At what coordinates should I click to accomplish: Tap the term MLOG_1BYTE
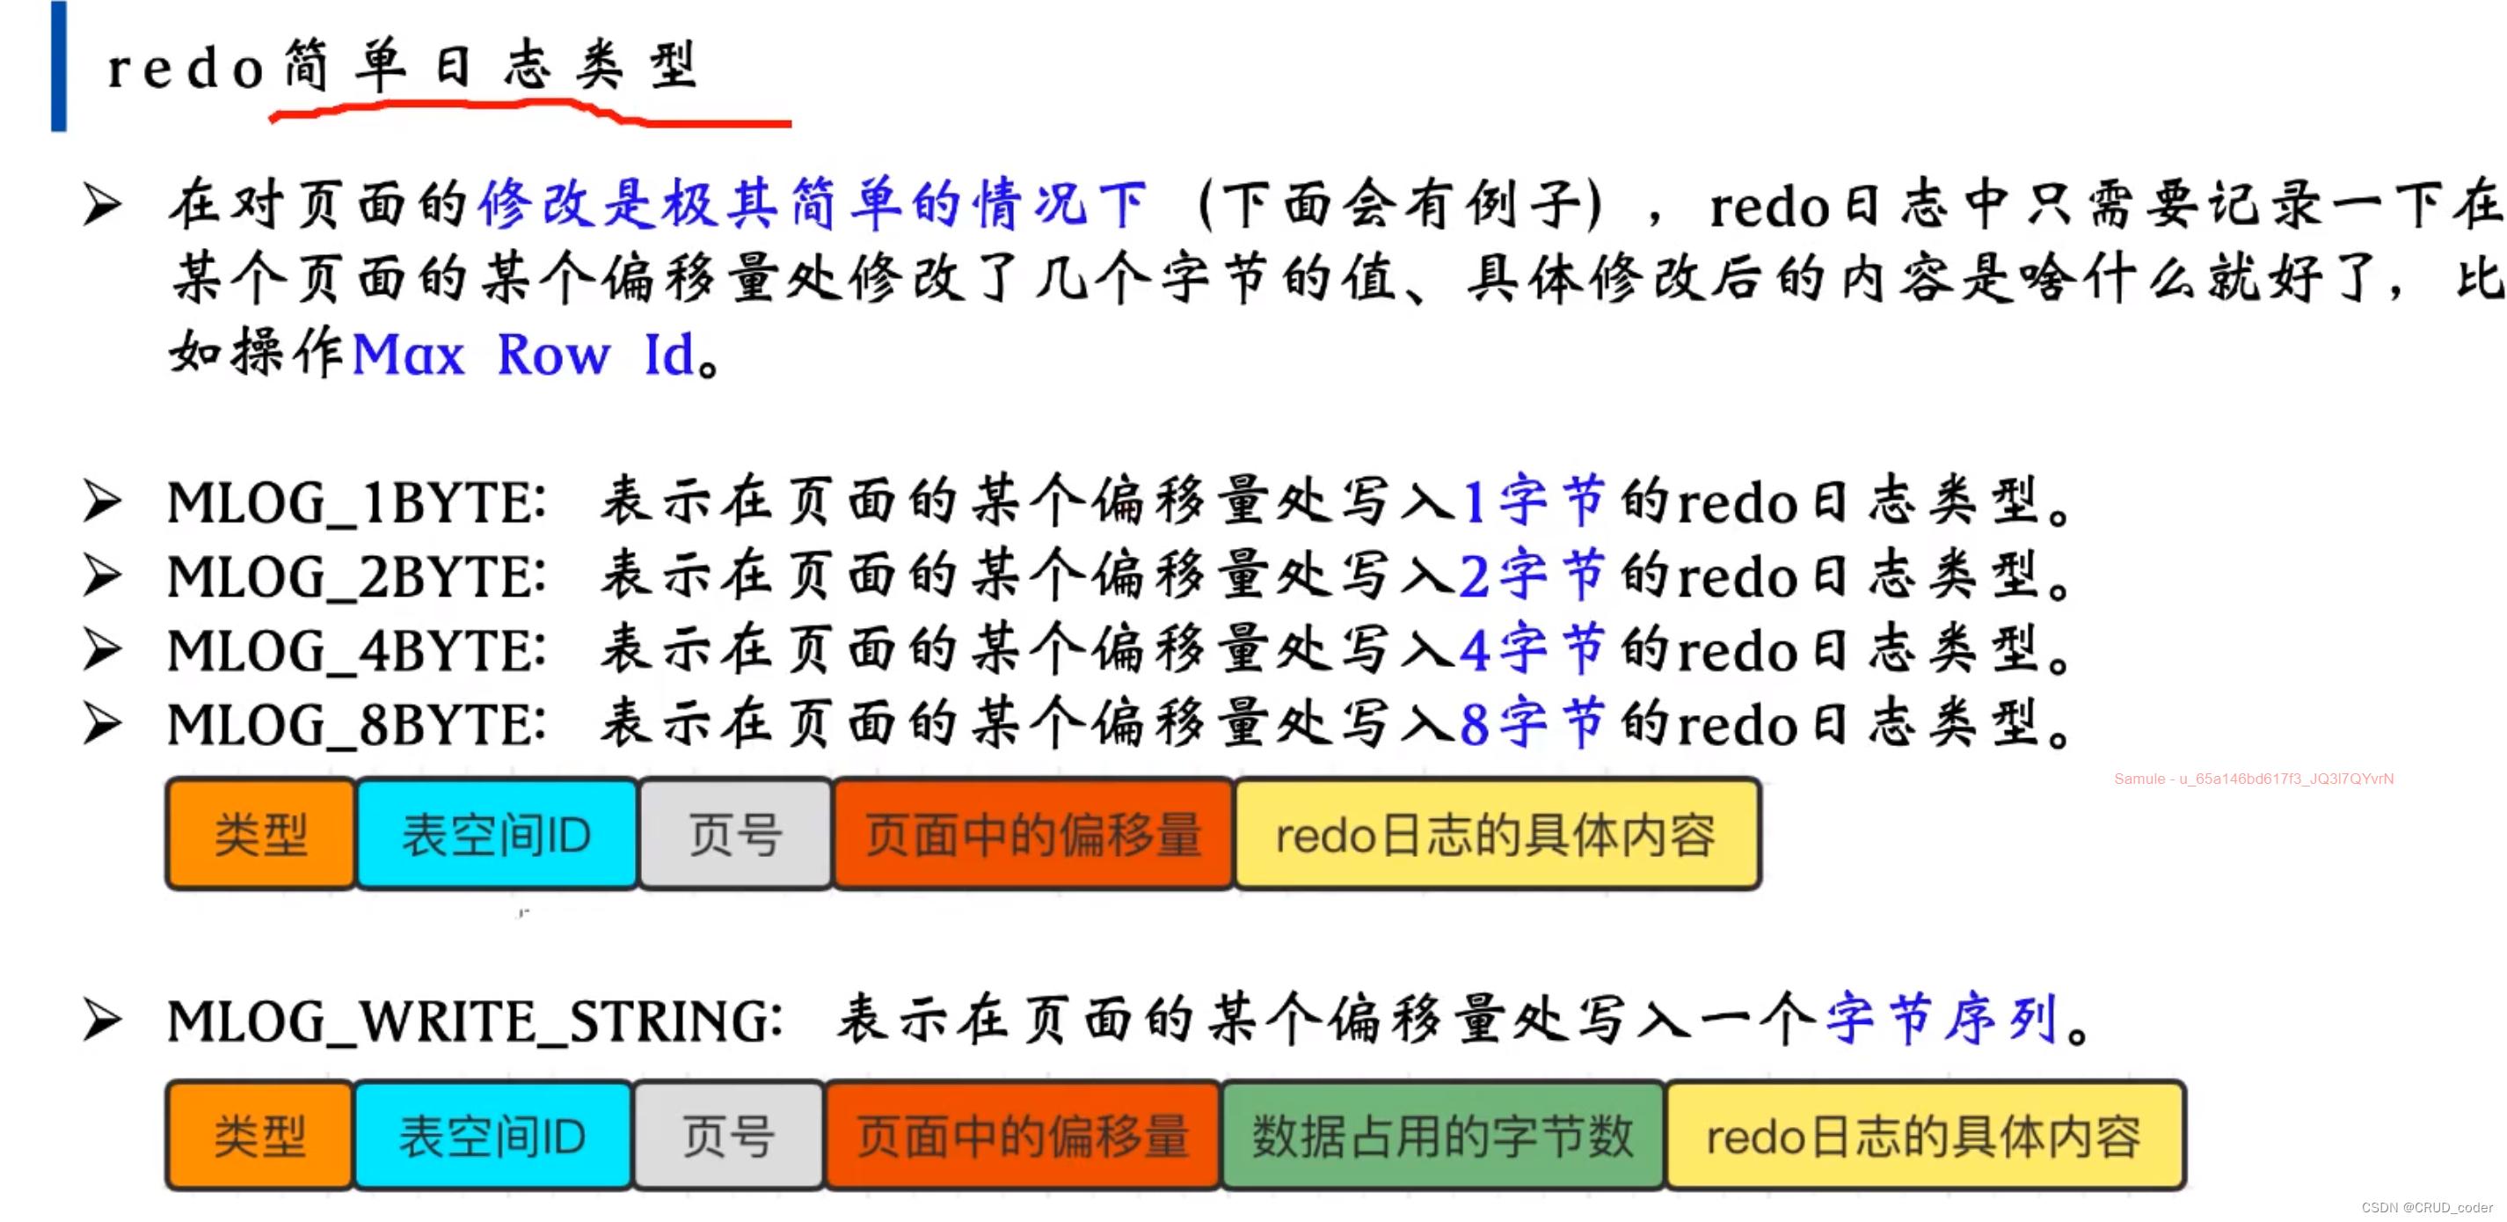tap(355, 503)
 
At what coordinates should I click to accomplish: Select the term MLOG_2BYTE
tap(355, 576)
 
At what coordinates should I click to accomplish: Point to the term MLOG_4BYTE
tap(355, 650)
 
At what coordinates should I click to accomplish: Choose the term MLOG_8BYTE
tap(355, 724)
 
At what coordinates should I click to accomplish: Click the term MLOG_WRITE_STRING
tap(474, 1021)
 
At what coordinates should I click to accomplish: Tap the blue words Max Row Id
tap(523, 355)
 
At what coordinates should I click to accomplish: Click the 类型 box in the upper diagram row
tap(261, 835)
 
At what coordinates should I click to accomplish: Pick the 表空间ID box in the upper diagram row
tap(496, 835)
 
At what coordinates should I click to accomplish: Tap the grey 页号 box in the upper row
tap(736, 835)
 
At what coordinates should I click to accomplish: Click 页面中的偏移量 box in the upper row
tap(1033, 835)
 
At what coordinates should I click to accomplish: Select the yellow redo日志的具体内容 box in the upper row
tap(1497, 835)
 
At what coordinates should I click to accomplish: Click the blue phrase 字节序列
tap(1942, 1020)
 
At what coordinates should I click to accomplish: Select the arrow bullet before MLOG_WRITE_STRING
tap(102, 1021)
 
